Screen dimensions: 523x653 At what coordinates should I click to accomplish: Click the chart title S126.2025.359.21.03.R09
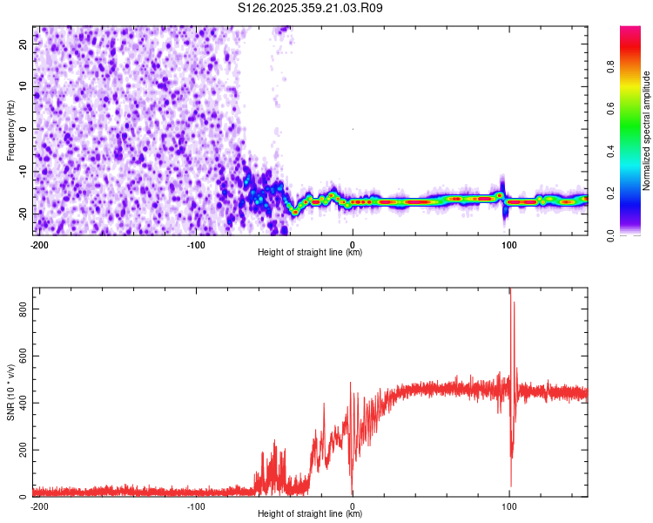(311, 8)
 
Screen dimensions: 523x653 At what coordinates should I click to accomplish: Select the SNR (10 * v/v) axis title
(10, 391)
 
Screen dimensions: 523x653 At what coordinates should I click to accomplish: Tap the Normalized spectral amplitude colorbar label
(647, 131)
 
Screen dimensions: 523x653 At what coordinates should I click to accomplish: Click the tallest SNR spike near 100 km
(510, 290)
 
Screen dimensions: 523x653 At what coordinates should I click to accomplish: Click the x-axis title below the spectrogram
(310, 253)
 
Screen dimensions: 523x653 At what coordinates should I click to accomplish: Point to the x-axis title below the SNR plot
(310, 514)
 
